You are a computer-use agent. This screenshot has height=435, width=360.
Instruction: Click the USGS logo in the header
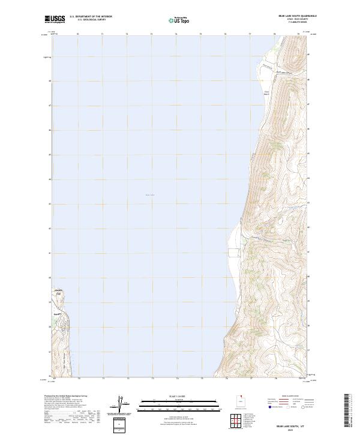point(55,19)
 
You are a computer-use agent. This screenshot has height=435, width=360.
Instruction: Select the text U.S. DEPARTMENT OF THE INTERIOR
point(91,17)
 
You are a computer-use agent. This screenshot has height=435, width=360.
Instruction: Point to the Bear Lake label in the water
point(149,194)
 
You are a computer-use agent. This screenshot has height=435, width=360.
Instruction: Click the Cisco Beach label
point(267,92)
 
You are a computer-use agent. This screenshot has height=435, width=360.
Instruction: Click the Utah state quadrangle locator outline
point(239,402)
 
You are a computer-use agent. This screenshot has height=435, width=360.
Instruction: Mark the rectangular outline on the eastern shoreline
point(232,252)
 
